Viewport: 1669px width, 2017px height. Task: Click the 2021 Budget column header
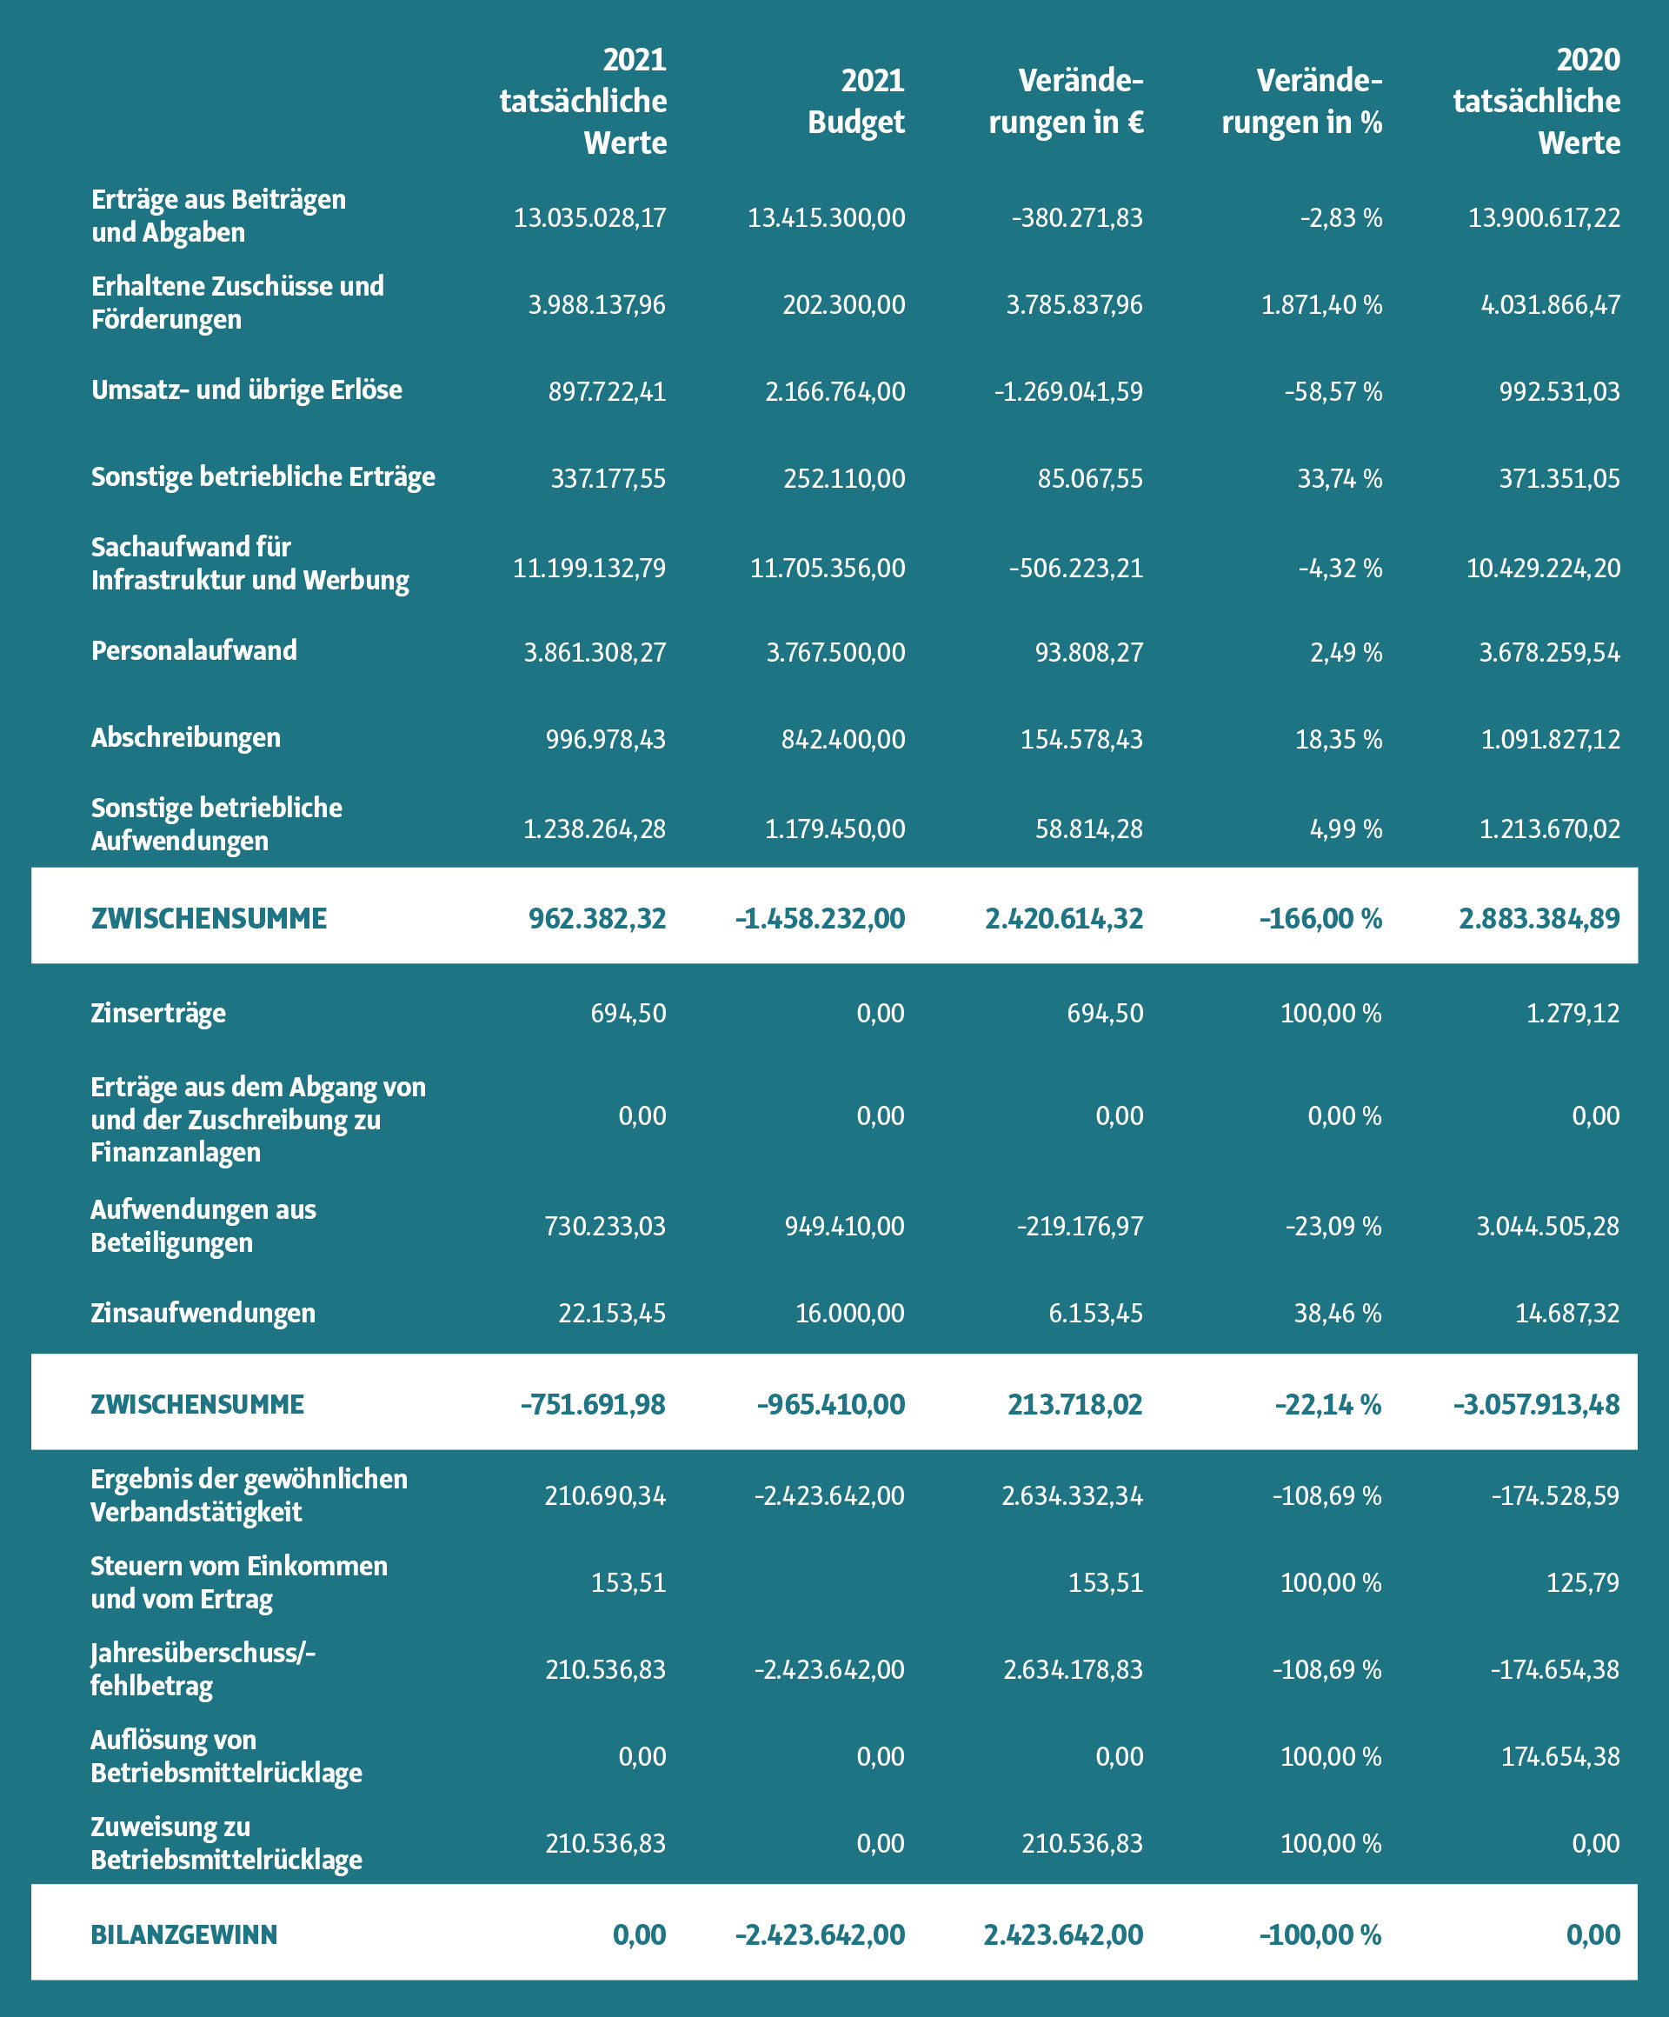[855, 101]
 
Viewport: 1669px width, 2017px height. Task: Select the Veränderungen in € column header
[1066, 101]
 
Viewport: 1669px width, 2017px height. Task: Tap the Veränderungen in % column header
[1301, 101]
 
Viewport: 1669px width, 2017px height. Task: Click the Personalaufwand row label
[194, 650]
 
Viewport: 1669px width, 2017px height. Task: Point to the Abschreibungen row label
[186, 737]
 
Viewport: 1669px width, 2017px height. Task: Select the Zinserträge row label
[158, 1014]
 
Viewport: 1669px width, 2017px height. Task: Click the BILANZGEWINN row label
[183, 1934]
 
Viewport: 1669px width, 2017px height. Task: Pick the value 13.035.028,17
[589, 218]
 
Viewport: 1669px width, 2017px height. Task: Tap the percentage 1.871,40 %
[1321, 305]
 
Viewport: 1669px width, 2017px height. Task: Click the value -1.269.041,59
[1069, 392]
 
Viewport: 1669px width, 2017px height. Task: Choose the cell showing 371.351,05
[1559, 478]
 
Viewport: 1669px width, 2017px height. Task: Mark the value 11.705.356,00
[828, 569]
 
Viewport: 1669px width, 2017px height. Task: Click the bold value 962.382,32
[597, 919]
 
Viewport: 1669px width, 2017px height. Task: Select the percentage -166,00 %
[1320, 919]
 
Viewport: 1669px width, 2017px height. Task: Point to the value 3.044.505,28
[1548, 1227]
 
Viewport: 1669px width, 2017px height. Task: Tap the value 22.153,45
[613, 1313]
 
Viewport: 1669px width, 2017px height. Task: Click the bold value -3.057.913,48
[1537, 1405]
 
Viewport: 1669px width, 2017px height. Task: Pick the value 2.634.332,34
[1073, 1495]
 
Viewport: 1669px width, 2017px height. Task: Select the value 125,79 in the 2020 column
[1583, 1582]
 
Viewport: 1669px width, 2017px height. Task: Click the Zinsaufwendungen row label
[203, 1313]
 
